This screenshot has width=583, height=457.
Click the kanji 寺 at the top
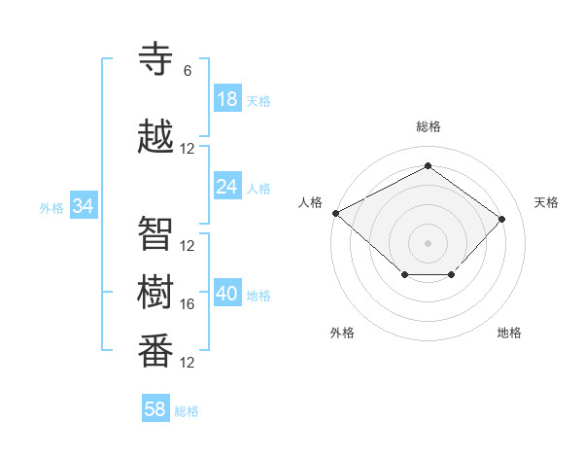coord(155,59)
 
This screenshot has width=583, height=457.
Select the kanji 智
coord(155,233)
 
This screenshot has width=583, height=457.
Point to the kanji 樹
coord(155,292)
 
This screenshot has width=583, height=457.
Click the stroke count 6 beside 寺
coord(188,70)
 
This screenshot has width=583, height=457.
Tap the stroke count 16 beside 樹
coord(188,304)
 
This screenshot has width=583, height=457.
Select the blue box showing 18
coord(226,99)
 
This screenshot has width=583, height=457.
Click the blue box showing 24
coord(226,187)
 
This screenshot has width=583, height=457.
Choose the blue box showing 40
coord(226,294)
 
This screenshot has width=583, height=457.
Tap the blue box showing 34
coord(83,206)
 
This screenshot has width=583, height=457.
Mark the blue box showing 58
coord(155,409)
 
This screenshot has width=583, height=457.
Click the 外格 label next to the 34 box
coord(51,207)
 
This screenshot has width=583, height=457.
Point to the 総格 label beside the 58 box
coord(187,411)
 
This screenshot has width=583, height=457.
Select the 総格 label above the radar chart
coord(428,126)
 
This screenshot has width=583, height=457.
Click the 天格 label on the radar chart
coord(546,202)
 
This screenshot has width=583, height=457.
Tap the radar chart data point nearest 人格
coord(335,213)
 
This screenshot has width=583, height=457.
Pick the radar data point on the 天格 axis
coord(501,219)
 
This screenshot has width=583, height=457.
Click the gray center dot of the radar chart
coord(428,242)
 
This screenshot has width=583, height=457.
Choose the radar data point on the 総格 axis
coord(428,166)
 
